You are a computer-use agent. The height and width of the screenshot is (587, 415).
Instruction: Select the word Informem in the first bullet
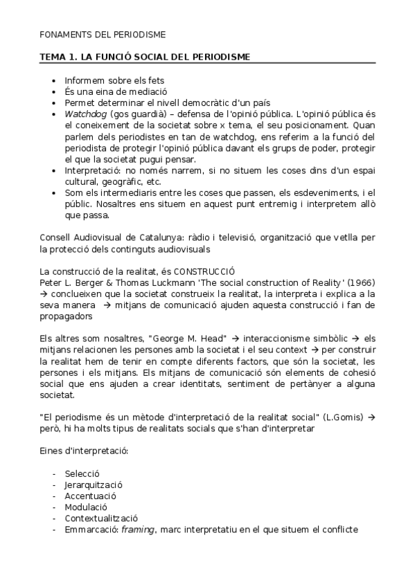point(84,80)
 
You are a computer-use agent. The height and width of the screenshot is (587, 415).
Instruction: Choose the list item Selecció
point(82,473)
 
